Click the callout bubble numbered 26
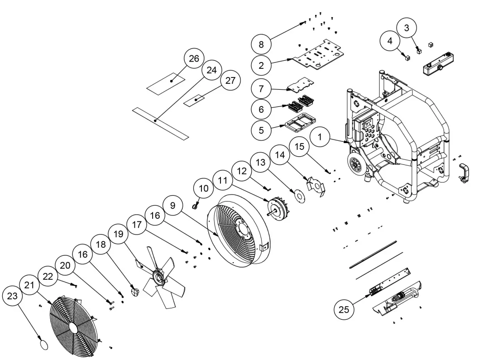[194, 59]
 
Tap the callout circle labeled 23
[13, 297]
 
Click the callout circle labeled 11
[222, 180]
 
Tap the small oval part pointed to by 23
[42, 345]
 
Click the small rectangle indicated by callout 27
[196, 99]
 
